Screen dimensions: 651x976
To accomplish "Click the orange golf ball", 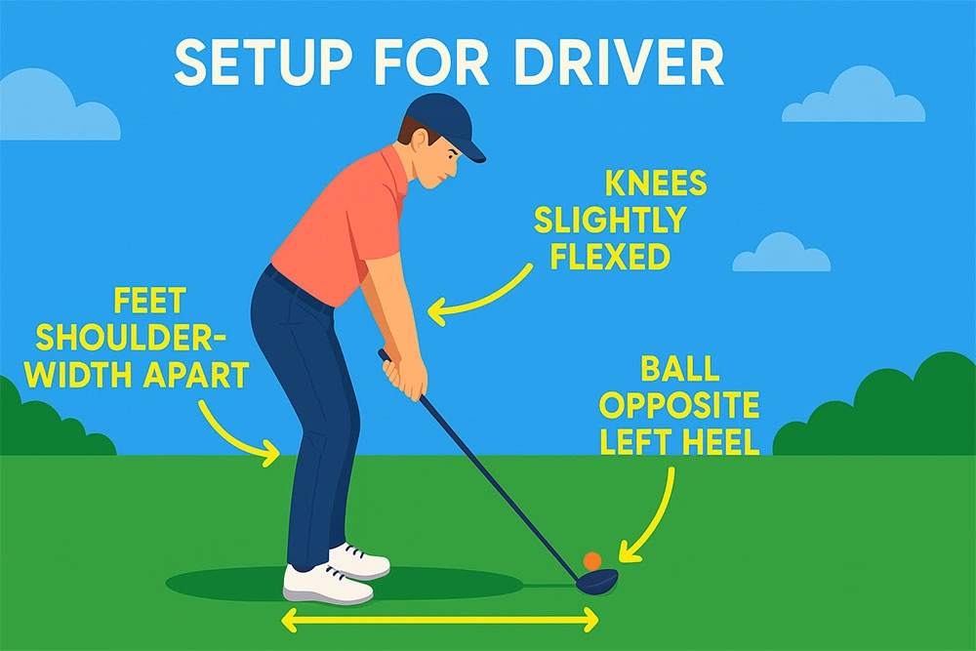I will click(591, 561).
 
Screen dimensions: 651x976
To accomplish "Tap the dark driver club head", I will click(597, 580).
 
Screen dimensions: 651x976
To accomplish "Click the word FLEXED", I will click(610, 256).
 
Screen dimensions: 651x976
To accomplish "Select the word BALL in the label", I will click(680, 370).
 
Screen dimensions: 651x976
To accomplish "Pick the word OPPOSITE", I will click(685, 406).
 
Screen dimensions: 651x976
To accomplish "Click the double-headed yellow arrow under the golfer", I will click(439, 618).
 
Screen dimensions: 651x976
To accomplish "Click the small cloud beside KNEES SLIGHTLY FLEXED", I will click(781, 253).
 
